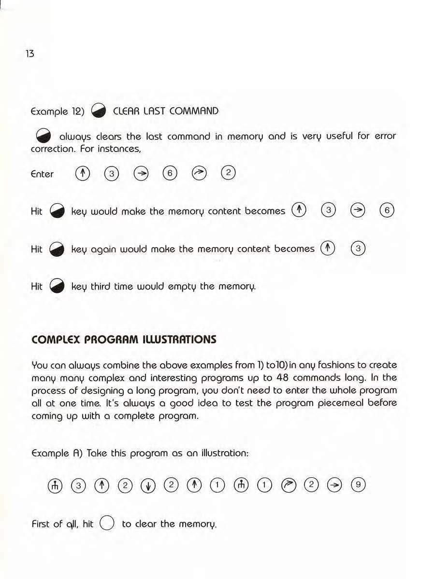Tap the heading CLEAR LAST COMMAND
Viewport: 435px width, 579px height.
(x=165, y=111)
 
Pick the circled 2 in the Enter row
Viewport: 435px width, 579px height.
(x=227, y=174)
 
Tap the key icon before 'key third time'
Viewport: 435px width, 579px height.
(x=58, y=286)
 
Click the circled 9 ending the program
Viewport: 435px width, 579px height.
(x=358, y=485)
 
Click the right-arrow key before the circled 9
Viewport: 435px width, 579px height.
(x=333, y=485)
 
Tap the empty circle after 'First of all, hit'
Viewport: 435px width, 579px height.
(x=107, y=523)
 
